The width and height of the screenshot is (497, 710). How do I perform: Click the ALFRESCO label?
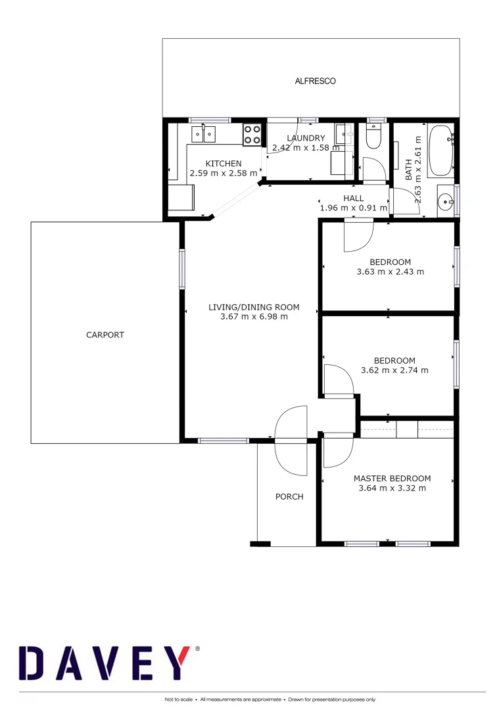[x=315, y=81]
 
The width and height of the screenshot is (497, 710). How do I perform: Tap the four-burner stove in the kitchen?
[x=252, y=134]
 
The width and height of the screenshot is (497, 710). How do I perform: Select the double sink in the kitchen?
[x=204, y=135]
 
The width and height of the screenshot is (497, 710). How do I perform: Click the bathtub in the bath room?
[x=440, y=152]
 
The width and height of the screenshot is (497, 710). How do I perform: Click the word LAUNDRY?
[x=306, y=138]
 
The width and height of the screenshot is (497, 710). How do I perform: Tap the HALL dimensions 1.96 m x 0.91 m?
[x=354, y=208]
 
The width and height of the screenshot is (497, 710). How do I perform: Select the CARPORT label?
[x=105, y=335]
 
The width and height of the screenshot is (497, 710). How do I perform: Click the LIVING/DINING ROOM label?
[x=254, y=307]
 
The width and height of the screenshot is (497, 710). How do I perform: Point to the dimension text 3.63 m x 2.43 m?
[x=390, y=272]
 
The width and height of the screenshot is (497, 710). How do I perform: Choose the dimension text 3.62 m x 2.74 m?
[x=394, y=370]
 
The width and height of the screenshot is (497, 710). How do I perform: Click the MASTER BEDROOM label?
[x=392, y=479]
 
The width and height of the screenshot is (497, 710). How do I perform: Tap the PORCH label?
[x=289, y=496]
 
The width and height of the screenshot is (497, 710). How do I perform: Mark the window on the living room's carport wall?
[x=182, y=268]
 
